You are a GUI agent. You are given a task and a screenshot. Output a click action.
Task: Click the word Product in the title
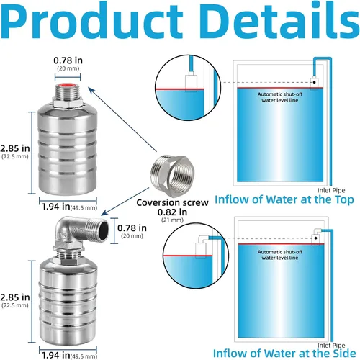(x=92, y=20)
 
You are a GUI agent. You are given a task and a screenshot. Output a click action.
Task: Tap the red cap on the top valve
(x=68, y=85)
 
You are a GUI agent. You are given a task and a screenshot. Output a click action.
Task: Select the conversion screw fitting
(x=173, y=173)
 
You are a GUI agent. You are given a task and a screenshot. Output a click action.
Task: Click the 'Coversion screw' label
(x=172, y=202)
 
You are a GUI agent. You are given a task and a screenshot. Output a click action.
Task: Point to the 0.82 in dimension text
(x=172, y=212)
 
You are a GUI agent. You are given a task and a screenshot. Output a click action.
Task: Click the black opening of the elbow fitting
(x=104, y=230)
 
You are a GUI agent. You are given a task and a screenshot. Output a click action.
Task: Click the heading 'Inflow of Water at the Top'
(x=284, y=199)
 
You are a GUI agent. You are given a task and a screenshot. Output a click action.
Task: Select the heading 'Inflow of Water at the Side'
(x=284, y=354)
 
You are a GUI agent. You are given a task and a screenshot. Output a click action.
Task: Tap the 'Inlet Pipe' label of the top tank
(x=331, y=190)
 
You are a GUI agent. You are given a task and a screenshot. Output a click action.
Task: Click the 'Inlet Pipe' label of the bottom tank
(x=331, y=345)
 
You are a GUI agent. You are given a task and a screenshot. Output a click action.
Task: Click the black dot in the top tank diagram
(x=314, y=82)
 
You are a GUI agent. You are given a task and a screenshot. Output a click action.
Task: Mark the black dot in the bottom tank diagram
(x=316, y=238)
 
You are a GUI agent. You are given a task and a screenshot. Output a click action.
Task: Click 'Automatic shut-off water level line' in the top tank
(x=280, y=97)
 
